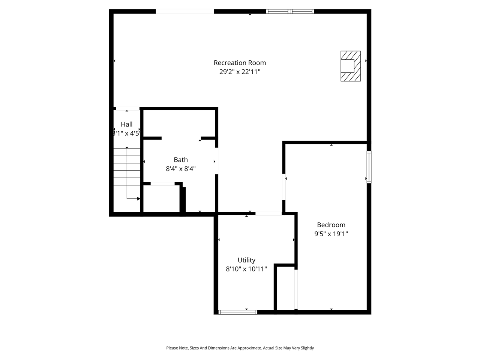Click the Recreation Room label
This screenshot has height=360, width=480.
(x=240, y=63)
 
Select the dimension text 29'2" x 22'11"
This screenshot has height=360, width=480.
(x=240, y=72)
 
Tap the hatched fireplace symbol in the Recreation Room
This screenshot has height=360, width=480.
(x=351, y=66)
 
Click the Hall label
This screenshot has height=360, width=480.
(x=127, y=124)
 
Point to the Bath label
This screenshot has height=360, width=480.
(x=181, y=160)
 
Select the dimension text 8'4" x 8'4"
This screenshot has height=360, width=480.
(x=181, y=169)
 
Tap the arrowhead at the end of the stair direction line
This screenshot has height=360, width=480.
(x=138, y=199)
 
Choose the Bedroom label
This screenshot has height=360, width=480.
(x=331, y=225)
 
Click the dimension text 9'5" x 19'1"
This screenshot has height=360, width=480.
(x=331, y=234)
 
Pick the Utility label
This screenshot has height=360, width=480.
(x=246, y=260)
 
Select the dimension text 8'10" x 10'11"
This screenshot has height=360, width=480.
(x=246, y=269)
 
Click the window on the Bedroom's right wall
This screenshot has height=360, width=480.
(x=369, y=167)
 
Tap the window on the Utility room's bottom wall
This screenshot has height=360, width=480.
(x=238, y=312)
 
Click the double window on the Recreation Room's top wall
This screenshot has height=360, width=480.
(x=290, y=12)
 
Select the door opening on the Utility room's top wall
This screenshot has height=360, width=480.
(x=268, y=214)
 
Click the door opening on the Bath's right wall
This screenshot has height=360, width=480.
(x=216, y=161)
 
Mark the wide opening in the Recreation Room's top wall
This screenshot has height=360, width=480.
(x=185, y=12)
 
